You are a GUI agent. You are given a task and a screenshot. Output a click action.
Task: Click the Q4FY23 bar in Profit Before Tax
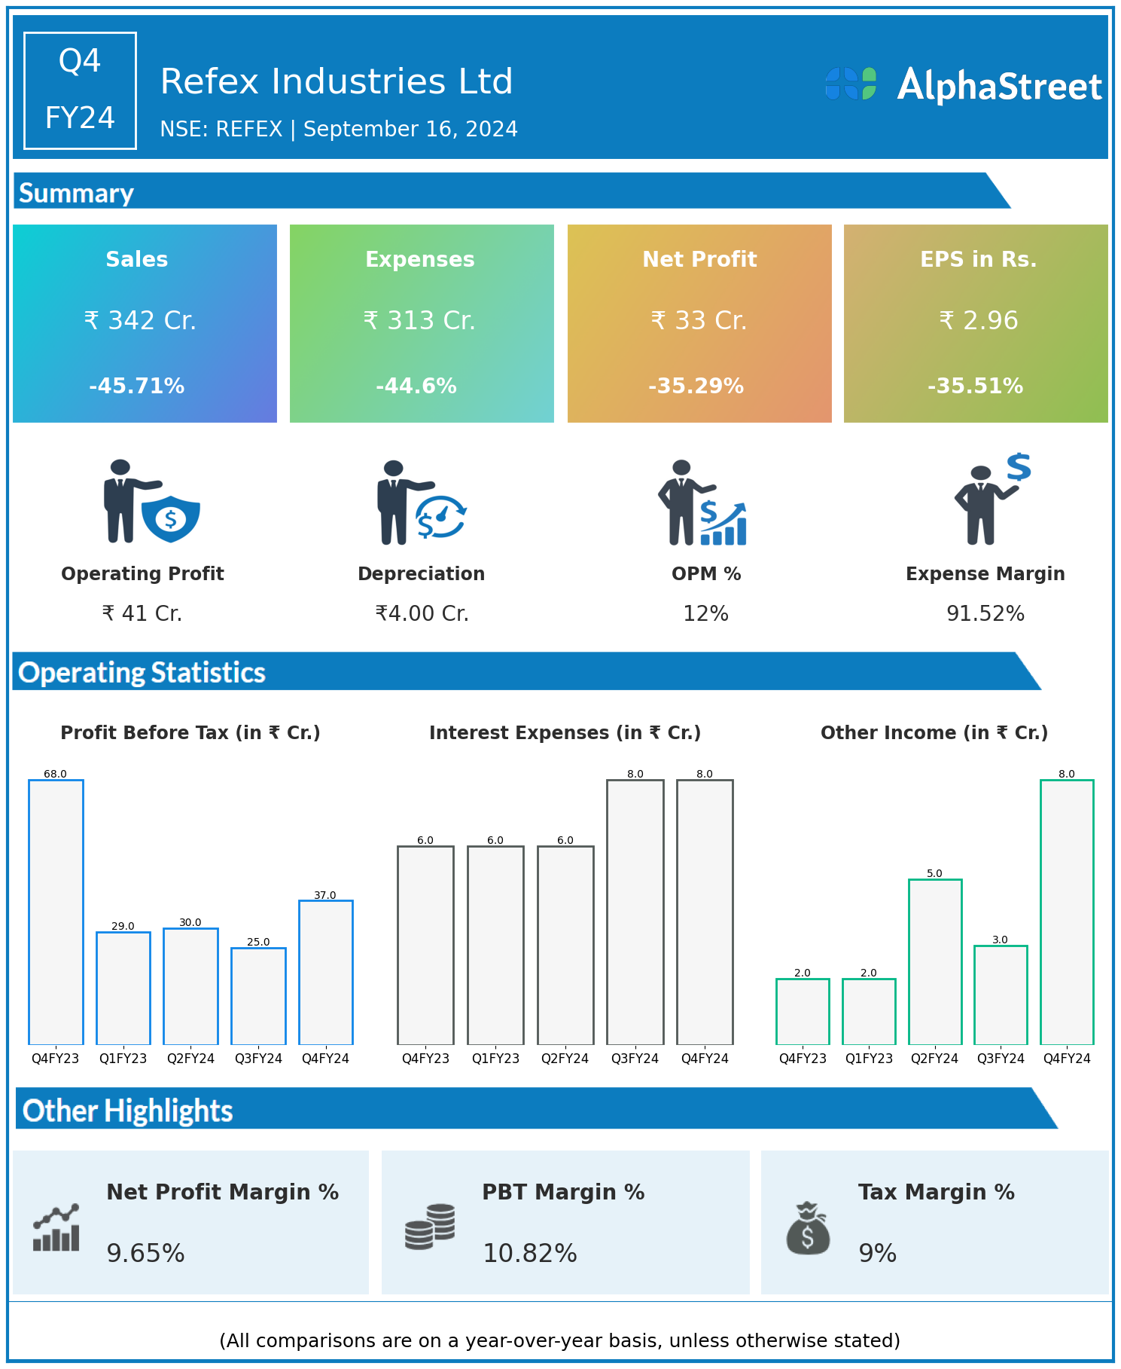click(56, 912)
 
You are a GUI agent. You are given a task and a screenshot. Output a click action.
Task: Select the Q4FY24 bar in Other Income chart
click(1066, 912)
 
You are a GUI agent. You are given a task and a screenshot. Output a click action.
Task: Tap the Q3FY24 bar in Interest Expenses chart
click(635, 912)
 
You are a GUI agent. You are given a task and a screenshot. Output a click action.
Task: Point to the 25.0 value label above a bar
click(258, 942)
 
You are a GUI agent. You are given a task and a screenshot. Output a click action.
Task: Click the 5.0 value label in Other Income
click(934, 873)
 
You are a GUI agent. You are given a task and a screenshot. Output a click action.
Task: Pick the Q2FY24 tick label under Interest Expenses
click(565, 1059)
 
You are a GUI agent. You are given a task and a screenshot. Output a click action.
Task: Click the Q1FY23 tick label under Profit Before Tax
click(123, 1059)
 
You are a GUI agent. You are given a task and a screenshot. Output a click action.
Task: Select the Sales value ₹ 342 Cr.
click(140, 321)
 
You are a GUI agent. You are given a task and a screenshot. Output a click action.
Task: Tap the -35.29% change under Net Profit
click(696, 387)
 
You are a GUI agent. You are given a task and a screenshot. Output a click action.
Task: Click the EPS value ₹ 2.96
click(979, 321)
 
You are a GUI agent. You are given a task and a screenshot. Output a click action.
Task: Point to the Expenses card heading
click(420, 259)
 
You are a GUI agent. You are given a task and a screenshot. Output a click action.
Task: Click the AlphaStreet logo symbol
click(851, 84)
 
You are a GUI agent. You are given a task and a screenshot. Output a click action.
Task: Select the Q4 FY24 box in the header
click(80, 90)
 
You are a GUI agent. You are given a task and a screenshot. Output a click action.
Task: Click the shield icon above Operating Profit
click(171, 518)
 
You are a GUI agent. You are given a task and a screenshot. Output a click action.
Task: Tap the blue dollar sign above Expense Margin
click(1019, 467)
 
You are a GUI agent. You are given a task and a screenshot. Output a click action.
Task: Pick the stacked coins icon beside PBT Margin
click(430, 1227)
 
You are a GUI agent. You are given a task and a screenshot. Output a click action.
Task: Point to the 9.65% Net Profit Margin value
click(145, 1253)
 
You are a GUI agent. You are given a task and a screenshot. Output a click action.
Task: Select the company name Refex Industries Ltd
click(337, 81)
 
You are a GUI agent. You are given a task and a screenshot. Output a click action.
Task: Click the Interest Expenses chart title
click(565, 733)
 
